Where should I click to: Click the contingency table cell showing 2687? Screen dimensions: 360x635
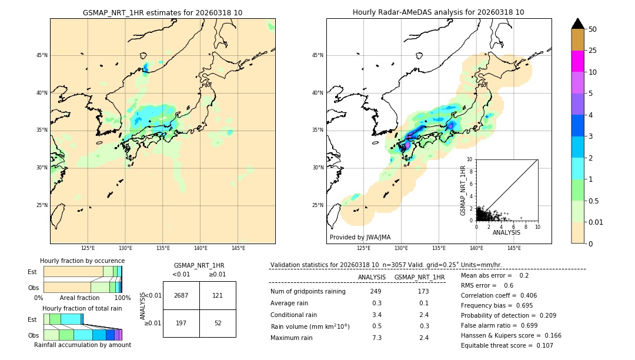click(x=181, y=295)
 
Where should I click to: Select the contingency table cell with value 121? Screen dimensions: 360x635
click(x=218, y=295)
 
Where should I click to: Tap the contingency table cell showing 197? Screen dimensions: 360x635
click(x=181, y=323)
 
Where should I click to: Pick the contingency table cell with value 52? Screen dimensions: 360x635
click(x=218, y=323)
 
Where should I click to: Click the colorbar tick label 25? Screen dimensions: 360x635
click(x=593, y=51)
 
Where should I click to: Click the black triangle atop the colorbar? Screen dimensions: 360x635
click(x=578, y=24)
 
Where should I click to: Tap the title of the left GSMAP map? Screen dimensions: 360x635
click(x=162, y=12)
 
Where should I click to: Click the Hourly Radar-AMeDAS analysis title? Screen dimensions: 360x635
click(x=439, y=12)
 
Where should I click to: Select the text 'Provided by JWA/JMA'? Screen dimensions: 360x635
click(x=360, y=237)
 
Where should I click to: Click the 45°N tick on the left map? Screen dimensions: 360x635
click(x=42, y=55)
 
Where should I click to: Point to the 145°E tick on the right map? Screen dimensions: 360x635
click(x=514, y=248)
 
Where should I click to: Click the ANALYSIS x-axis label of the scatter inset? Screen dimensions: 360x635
click(x=506, y=232)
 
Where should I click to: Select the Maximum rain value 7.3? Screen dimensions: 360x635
click(x=377, y=338)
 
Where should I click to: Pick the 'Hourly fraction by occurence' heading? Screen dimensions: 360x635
click(x=82, y=261)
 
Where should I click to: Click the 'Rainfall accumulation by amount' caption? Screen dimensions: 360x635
click(x=82, y=345)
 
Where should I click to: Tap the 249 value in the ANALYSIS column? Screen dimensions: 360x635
click(x=376, y=291)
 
